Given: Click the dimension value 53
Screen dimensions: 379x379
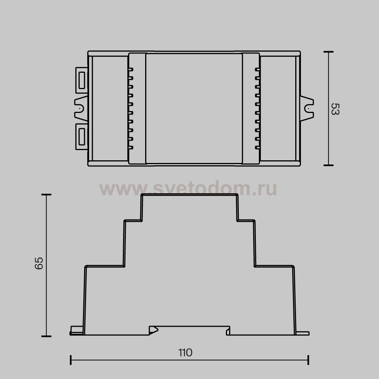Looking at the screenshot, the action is [335, 109].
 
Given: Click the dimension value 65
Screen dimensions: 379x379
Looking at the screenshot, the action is [39, 263].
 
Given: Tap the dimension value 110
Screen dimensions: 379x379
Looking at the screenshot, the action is [185, 352].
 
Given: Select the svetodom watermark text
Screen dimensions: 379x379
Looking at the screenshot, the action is [188, 188].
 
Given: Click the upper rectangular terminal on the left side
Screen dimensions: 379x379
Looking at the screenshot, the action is [82, 80].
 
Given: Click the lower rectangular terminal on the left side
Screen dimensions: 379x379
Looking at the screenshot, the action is [82, 137].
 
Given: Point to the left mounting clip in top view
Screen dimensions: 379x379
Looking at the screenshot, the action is [81, 108].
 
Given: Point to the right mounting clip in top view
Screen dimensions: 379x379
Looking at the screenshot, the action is [307, 108].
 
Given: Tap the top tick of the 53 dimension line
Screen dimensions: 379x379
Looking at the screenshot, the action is [328, 52].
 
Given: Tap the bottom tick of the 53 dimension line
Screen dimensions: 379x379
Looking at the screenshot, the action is [328, 165].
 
